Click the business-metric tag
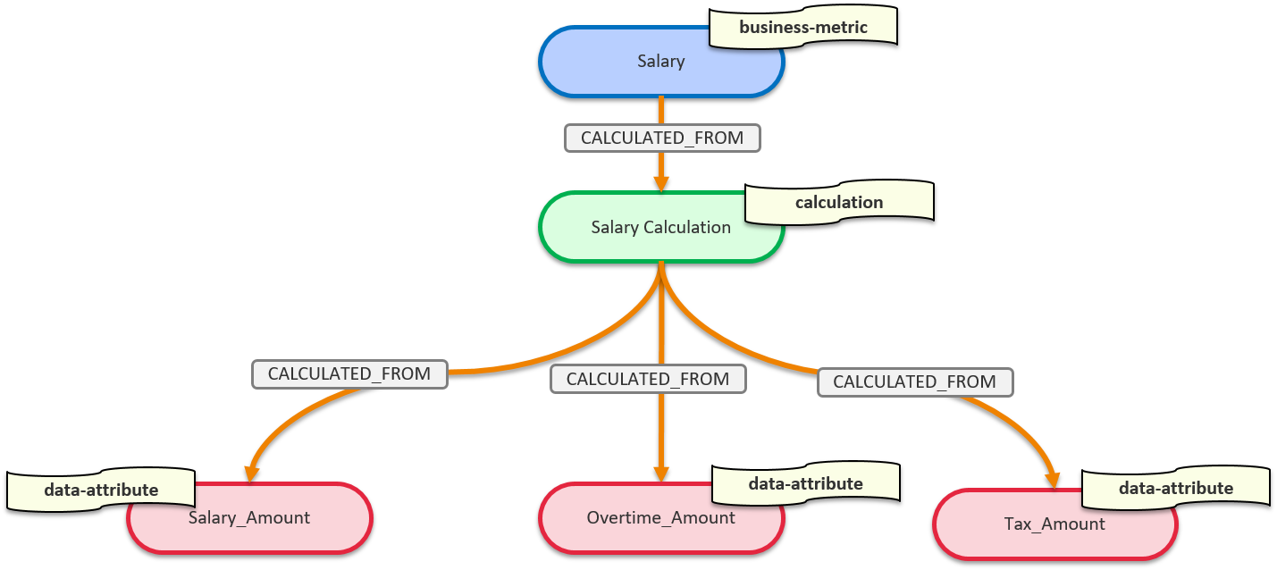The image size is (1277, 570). click(802, 28)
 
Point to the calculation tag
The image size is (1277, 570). click(839, 203)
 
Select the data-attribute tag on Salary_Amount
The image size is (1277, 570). click(101, 490)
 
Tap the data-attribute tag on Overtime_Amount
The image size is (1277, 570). click(805, 483)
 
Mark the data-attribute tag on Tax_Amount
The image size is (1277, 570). click(1175, 488)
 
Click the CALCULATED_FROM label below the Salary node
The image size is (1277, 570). click(662, 138)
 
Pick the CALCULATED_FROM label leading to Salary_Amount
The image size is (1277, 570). click(349, 373)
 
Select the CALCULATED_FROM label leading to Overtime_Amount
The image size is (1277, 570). click(648, 379)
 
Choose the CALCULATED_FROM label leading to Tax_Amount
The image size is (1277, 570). click(914, 381)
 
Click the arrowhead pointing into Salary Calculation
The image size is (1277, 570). click(661, 182)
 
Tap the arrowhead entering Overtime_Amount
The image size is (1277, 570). click(661, 473)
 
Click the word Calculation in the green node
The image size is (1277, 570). click(689, 227)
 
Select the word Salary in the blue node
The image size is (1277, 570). click(661, 62)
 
